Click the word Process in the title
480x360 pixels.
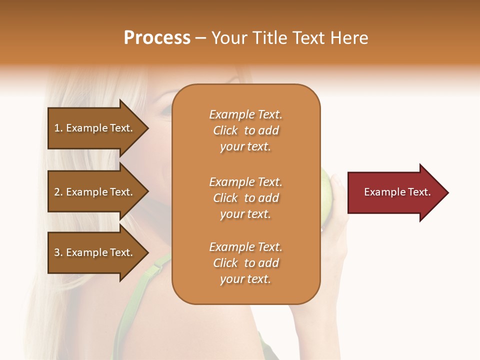(157, 38)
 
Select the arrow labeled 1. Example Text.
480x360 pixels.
(95, 128)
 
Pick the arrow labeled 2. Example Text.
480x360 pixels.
(95, 192)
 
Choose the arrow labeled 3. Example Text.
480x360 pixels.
(95, 252)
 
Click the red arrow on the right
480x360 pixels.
(395, 192)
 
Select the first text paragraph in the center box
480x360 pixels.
(245, 130)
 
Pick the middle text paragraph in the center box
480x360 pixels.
(245, 198)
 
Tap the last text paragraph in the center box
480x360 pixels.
(245, 263)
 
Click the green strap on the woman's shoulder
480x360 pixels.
(150, 285)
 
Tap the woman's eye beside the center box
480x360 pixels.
(166, 113)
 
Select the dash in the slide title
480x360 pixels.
(200, 38)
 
